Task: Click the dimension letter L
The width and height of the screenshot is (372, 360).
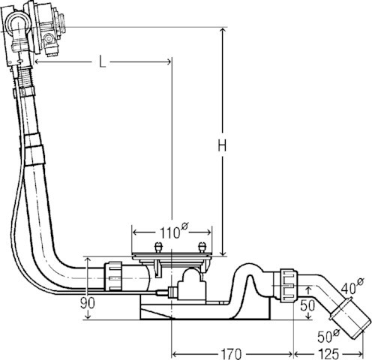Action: click(102, 61)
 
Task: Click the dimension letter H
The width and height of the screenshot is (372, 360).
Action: click(222, 145)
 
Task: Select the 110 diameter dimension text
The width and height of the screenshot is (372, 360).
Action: click(173, 231)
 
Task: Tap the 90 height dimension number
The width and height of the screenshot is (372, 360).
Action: click(88, 303)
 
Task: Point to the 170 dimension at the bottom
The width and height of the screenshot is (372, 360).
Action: click(231, 354)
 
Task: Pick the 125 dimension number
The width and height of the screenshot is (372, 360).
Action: click(328, 354)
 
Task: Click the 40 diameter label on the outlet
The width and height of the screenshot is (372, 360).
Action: click(352, 286)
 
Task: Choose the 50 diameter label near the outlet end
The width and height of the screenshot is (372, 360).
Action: click(328, 335)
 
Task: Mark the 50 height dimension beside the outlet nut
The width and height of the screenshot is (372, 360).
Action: click(307, 305)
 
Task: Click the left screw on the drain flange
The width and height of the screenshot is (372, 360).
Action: click(158, 247)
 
